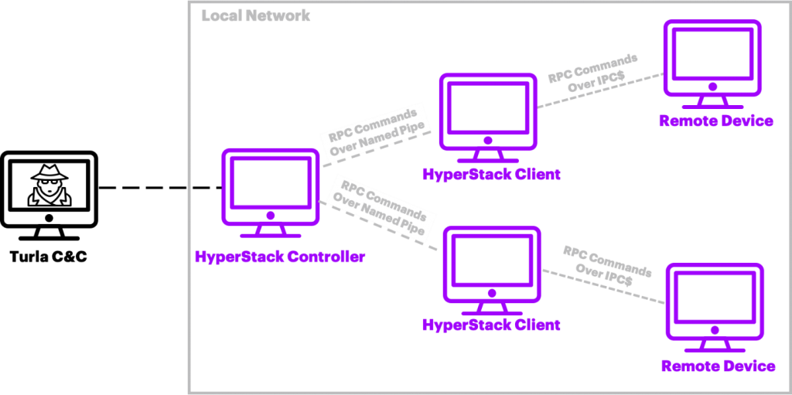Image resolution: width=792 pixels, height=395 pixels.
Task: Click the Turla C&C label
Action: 49,257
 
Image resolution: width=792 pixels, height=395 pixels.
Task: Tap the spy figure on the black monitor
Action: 49,186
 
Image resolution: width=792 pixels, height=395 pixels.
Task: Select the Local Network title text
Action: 255,15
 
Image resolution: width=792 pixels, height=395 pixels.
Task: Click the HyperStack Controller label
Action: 279,257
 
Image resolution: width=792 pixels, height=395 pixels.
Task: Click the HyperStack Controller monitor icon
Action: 270,193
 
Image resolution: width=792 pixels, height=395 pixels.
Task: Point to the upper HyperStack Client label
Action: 491,174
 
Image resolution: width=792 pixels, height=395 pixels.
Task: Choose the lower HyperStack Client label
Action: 491,324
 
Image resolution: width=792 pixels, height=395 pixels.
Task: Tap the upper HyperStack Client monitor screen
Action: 488,107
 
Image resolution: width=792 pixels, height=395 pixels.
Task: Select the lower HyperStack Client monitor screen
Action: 491,260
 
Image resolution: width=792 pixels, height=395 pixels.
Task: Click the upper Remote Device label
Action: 715,121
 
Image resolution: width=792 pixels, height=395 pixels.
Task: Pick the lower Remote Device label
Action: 718,366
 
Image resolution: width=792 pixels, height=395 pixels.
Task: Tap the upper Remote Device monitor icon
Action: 712,64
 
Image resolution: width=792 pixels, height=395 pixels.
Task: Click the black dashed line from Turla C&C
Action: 160,189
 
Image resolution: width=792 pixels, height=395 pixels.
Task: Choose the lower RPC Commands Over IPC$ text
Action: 607,267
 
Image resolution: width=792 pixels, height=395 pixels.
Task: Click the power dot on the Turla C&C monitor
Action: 49,218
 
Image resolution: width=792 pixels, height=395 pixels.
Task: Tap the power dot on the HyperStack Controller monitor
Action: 270,215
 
